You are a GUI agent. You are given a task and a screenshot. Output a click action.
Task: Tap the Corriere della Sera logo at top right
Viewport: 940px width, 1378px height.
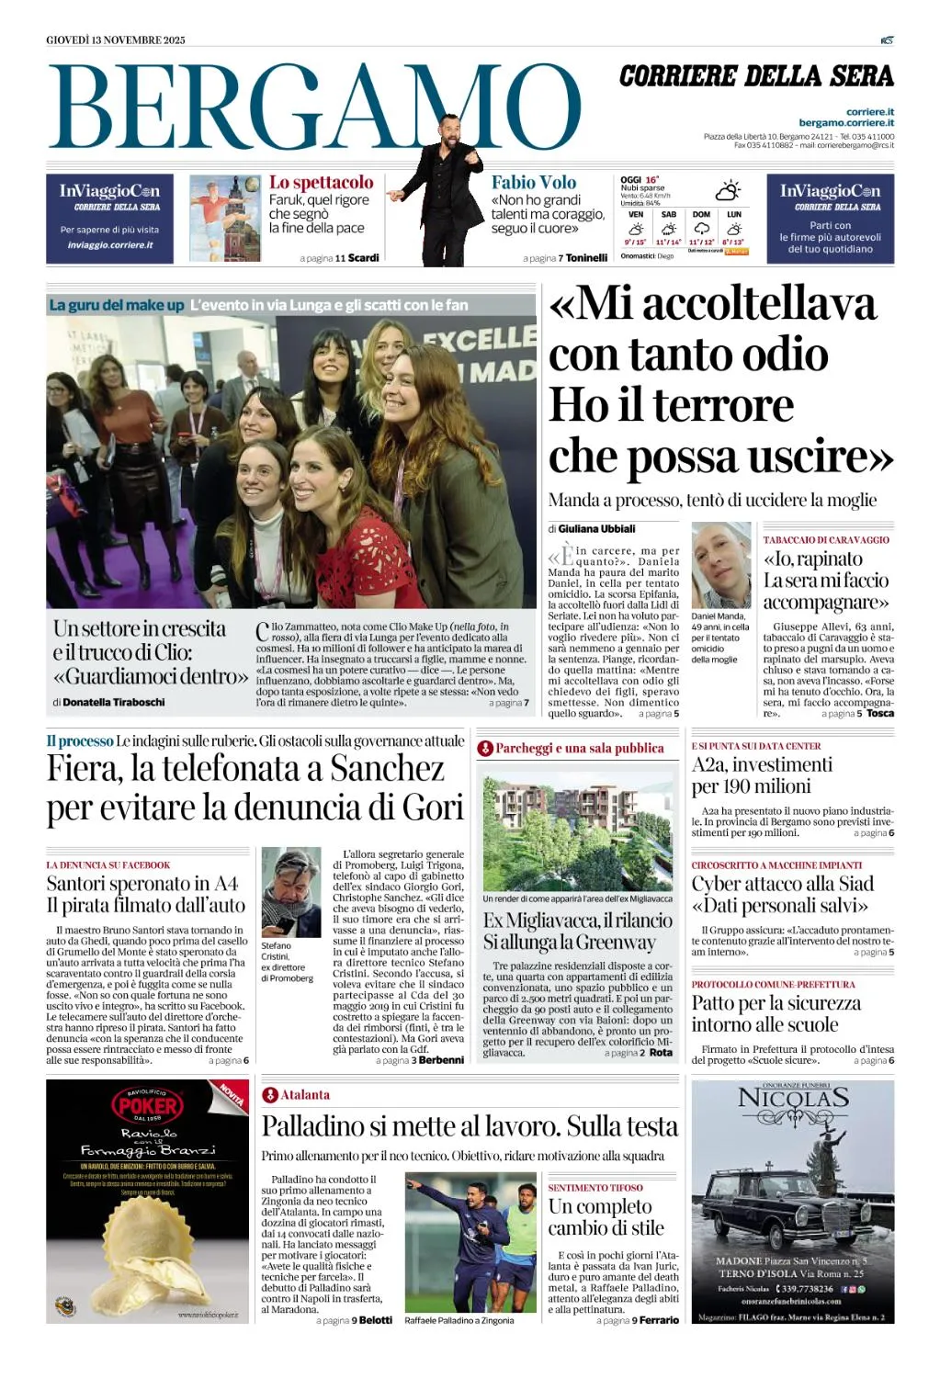coord(755,76)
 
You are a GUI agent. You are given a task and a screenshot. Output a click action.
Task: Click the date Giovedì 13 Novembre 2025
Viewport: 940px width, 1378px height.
coord(116,40)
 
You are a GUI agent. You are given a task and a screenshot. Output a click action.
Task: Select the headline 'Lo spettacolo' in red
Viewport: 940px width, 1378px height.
coord(321,183)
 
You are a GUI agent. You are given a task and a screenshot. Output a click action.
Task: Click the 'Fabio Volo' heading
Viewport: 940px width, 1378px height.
coord(534,183)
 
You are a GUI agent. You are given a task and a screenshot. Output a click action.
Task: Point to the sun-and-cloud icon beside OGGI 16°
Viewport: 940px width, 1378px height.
coord(728,191)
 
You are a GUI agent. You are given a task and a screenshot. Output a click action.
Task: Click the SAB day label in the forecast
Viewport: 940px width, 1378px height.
coord(668,214)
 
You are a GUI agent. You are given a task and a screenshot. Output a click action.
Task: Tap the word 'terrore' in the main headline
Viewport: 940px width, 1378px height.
coord(725,405)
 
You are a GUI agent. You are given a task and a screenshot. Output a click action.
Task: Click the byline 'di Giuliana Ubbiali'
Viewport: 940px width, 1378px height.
coord(592,528)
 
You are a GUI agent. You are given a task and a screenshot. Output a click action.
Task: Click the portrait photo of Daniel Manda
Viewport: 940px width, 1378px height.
coord(720,564)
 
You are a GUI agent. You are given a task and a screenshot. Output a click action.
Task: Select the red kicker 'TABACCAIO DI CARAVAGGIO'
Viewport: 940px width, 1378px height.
coord(826,540)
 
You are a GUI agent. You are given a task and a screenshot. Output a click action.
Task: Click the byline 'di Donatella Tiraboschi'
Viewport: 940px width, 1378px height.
coord(108,702)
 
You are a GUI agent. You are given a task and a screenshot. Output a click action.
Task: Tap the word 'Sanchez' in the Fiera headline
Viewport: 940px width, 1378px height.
coord(387,768)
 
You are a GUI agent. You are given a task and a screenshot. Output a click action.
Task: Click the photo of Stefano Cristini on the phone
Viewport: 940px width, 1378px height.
coord(290,892)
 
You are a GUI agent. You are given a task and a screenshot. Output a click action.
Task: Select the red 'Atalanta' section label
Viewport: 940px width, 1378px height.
coord(304,1095)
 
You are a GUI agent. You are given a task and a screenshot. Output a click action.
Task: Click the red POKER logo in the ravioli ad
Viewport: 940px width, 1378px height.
coord(147,1105)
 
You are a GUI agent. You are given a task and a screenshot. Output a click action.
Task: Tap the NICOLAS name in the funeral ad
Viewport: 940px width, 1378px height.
coord(792,1098)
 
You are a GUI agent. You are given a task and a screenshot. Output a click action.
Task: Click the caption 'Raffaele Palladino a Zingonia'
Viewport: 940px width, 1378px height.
coord(459,1320)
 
